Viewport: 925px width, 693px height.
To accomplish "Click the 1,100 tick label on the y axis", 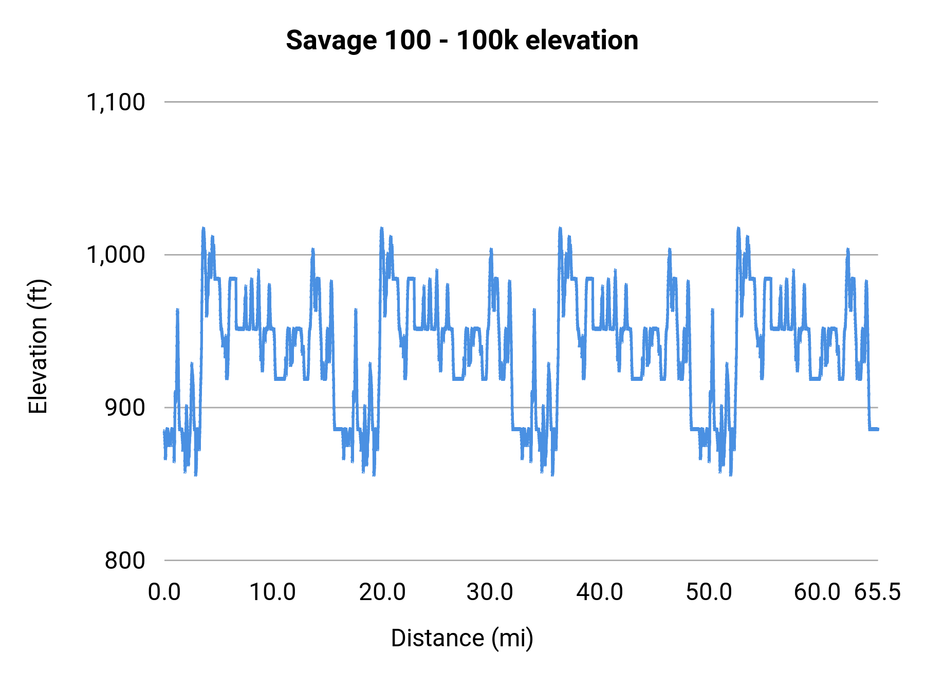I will pyautogui.click(x=116, y=102).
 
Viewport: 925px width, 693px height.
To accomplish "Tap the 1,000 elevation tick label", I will pyautogui.click(x=116, y=255).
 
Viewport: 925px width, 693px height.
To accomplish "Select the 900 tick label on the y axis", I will pyautogui.click(x=125, y=408).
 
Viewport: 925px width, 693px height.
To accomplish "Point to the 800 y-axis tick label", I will pyautogui.click(x=125, y=560).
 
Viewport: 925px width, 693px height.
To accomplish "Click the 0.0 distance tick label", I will pyautogui.click(x=164, y=592).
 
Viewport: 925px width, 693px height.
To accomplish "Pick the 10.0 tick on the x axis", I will pyautogui.click(x=272, y=592).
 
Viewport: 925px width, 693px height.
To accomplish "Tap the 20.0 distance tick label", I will pyautogui.click(x=382, y=592).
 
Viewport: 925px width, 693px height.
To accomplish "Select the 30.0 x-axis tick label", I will pyautogui.click(x=490, y=592).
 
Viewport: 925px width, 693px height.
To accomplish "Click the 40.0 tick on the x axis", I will pyautogui.click(x=600, y=592).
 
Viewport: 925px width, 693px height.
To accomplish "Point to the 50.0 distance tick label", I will pyautogui.click(x=709, y=592).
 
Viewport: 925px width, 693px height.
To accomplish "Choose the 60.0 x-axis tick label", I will pyautogui.click(x=817, y=592).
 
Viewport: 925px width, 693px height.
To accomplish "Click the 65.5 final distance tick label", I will pyautogui.click(x=878, y=592).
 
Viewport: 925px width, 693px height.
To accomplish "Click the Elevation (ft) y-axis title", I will pyautogui.click(x=38, y=346).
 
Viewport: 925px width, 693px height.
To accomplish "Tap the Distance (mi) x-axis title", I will pyautogui.click(x=462, y=638).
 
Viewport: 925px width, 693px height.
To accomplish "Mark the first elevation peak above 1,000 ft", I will pyautogui.click(x=203, y=228).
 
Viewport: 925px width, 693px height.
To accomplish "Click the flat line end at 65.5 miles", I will pyautogui.click(x=878, y=429).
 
